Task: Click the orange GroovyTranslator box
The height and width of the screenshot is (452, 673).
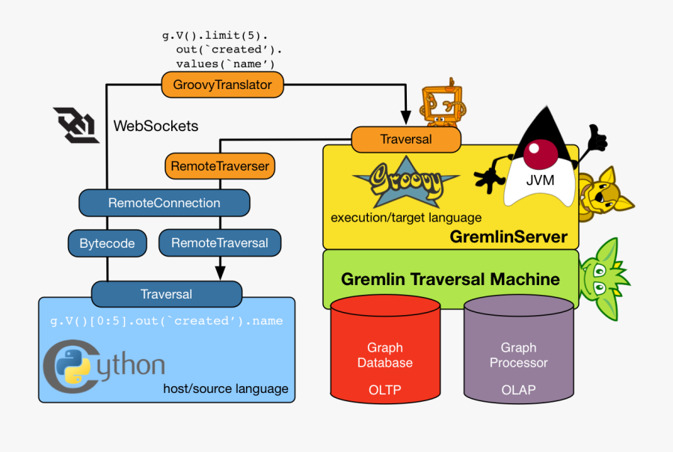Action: [223, 85]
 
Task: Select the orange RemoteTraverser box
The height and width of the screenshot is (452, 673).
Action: [219, 165]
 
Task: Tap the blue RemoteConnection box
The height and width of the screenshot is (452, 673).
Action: [164, 203]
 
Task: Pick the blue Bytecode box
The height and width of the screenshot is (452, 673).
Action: [107, 243]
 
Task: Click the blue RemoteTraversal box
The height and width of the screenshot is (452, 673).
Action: [219, 243]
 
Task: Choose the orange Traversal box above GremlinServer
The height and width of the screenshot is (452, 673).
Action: [406, 139]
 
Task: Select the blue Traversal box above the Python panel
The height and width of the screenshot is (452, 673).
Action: [167, 294]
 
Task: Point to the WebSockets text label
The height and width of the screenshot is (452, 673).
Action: [156, 126]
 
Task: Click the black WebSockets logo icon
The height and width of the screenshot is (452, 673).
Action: [76, 124]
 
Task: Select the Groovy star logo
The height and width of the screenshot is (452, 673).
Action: [404, 183]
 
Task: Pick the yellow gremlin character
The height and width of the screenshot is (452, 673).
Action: [601, 195]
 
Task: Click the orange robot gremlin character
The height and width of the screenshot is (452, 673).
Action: [441, 104]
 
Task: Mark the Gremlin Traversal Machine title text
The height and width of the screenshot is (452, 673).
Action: [450, 280]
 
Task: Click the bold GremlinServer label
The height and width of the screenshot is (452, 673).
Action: [508, 237]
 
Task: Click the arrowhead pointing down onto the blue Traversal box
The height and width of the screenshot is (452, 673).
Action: [220, 273]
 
